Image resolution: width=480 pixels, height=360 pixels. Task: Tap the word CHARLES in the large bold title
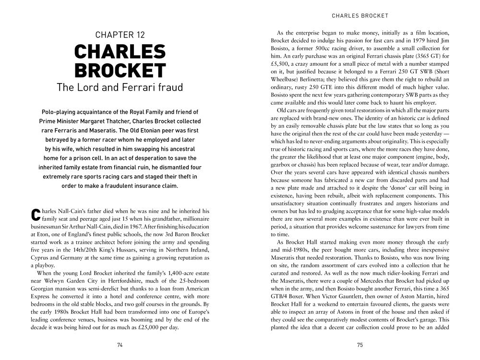click(x=120, y=52)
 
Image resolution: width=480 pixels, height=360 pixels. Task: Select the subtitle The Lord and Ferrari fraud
click(x=120, y=87)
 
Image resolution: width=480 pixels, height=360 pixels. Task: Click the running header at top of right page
click(x=360, y=16)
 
